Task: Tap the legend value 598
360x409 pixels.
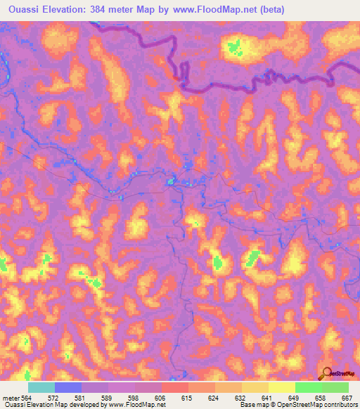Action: click(135, 397)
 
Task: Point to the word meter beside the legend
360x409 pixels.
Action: click(11, 397)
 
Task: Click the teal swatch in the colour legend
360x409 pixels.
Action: click(41, 387)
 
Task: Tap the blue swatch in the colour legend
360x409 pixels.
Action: click(68, 387)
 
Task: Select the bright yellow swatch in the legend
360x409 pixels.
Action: click(282, 387)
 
